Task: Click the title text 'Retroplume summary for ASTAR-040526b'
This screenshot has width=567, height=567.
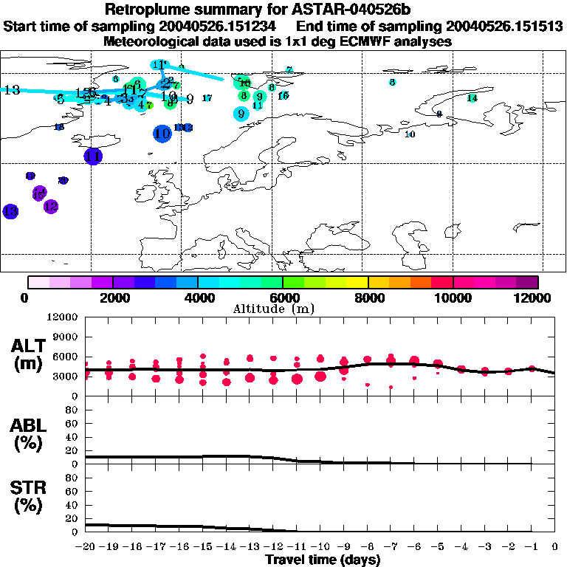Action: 282,10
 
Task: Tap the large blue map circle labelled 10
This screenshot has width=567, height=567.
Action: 162,134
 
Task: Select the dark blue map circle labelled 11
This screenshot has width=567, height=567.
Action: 93,157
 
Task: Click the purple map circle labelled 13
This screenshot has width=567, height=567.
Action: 10,211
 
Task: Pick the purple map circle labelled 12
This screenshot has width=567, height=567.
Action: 51,207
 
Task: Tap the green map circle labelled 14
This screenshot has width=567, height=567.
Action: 472,98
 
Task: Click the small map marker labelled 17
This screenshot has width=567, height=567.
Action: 207,98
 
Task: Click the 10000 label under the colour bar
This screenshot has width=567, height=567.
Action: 453,298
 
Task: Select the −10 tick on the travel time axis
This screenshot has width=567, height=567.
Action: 319,548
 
